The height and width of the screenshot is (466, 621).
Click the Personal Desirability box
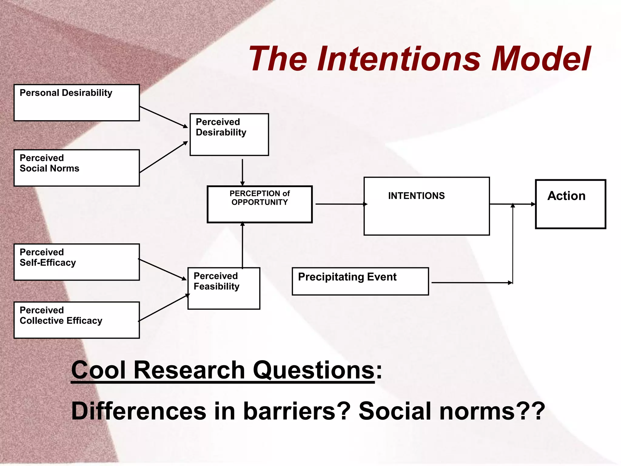point(76,103)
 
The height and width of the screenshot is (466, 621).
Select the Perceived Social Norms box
point(76,168)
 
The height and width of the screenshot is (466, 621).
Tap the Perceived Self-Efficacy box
point(76,262)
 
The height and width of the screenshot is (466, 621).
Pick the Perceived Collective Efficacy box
point(76,320)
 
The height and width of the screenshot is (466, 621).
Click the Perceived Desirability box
point(229,135)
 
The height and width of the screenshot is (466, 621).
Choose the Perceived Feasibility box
point(224,289)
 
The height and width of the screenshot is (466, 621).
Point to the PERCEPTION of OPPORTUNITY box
point(260,204)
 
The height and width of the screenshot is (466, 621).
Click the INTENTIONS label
point(416,196)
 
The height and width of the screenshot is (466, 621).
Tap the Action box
point(570,204)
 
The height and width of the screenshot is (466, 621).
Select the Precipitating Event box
point(360,281)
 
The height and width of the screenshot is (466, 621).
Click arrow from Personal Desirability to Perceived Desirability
point(164,117)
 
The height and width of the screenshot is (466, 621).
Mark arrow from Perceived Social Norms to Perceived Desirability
point(164,157)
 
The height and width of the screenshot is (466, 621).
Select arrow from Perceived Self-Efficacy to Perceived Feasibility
point(162,269)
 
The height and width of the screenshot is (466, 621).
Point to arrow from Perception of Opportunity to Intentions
point(341,204)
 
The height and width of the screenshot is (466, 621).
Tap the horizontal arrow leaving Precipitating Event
point(472,283)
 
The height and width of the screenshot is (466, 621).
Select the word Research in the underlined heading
point(189,370)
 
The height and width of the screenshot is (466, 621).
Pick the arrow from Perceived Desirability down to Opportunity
point(242,172)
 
